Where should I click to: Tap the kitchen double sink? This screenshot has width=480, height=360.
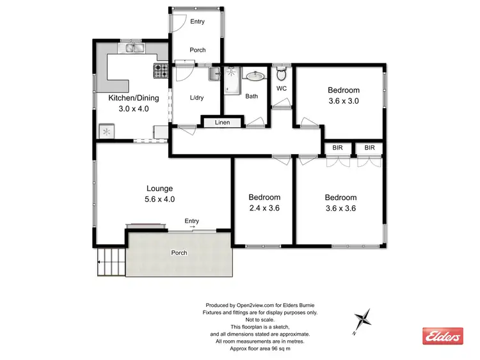tap(134, 48)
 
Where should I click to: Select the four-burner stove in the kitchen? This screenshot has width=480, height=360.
tap(159, 69)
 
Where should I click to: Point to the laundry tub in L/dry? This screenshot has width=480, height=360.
tap(214, 74)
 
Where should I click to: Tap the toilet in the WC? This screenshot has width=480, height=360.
tap(280, 72)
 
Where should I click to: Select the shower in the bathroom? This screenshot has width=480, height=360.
tap(231, 80)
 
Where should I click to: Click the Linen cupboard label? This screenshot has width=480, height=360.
tap(222, 122)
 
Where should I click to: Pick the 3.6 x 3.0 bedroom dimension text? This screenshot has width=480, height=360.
tap(343, 101)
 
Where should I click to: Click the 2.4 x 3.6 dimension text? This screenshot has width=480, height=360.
tap(264, 208)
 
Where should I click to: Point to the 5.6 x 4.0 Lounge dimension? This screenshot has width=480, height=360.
tap(160, 199)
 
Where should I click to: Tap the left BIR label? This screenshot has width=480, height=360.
tap(338, 148)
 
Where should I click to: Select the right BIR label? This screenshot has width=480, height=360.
tap(369, 148)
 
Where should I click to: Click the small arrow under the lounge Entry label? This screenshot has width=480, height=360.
tap(192, 227)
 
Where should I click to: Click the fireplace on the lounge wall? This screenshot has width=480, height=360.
tap(147, 226)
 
